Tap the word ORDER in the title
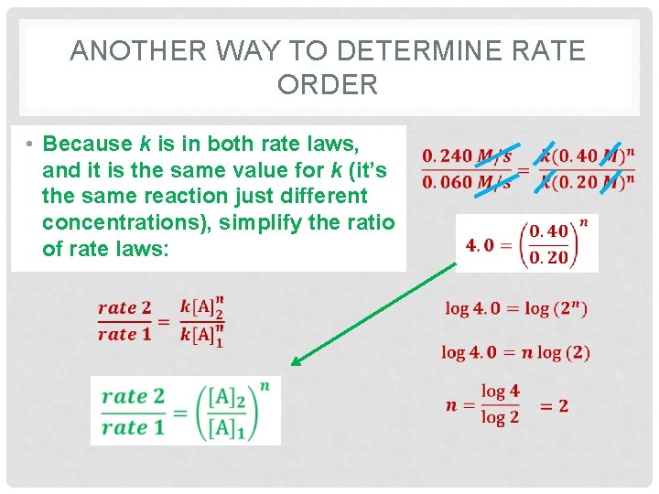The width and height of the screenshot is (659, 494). (x=327, y=84)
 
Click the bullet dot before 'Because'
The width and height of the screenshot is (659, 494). (x=30, y=145)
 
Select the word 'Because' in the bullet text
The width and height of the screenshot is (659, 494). (x=88, y=144)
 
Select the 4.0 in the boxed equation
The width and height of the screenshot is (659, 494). (x=481, y=244)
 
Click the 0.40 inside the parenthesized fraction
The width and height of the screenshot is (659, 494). (x=548, y=231)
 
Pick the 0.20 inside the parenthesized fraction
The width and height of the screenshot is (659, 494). (x=548, y=257)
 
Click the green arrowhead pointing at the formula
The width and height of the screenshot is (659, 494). (x=295, y=362)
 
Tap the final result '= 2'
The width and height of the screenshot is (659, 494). (x=554, y=405)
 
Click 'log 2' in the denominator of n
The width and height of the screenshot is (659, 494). (x=500, y=418)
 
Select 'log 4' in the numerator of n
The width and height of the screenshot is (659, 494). (x=500, y=392)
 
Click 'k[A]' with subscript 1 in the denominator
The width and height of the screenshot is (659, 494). (x=202, y=336)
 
